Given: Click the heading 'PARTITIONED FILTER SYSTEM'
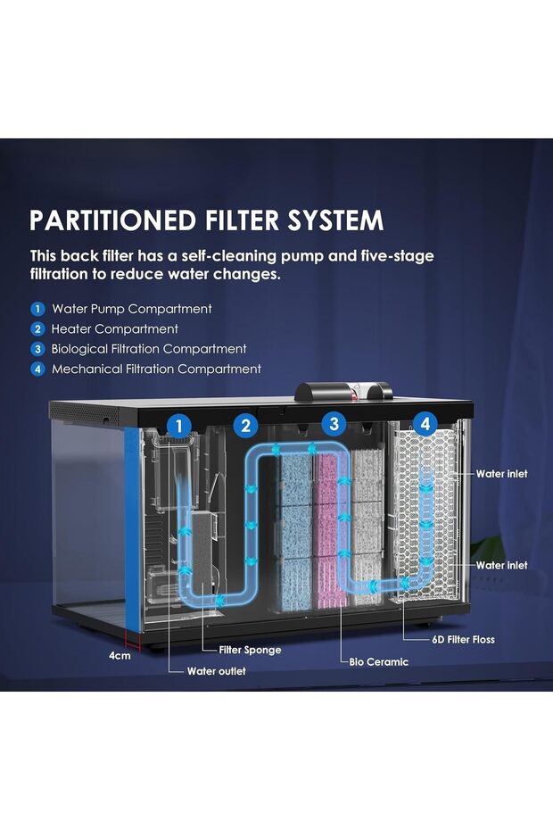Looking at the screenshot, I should point(206,220).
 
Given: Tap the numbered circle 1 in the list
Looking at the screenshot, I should point(37,309).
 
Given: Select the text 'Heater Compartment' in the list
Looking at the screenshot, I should point(114,329).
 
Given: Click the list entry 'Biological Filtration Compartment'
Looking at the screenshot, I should point(149,349).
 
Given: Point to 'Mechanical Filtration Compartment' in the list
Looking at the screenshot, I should point(156,369).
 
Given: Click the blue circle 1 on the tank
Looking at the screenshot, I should point(179,426).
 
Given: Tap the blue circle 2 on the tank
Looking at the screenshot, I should point(246,426).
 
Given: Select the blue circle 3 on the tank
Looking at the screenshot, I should point(334,424).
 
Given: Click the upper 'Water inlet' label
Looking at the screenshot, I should point(501,474).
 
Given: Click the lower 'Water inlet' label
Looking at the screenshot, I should point(501,565).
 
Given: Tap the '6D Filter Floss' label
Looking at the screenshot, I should point(462,639).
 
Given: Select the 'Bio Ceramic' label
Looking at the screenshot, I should point(379,661).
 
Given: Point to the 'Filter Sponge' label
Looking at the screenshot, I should point(250,650).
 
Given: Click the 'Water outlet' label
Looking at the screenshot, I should point(216,671).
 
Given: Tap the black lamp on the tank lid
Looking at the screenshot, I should point(344,391).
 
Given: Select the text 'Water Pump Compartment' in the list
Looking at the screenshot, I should point(132,309).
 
